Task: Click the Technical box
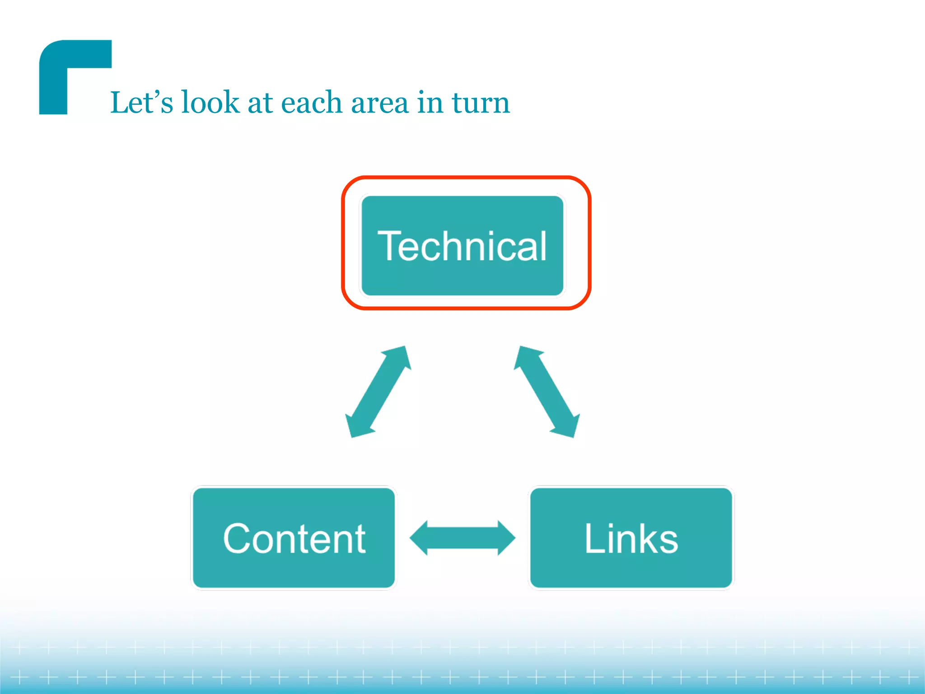[462, 245]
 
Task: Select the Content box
[294, 538]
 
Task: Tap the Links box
[631, 538]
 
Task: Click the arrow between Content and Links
[462, 538]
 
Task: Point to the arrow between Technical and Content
[378, 392]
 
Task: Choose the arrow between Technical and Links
[547, 392]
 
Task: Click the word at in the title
[260, 103]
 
